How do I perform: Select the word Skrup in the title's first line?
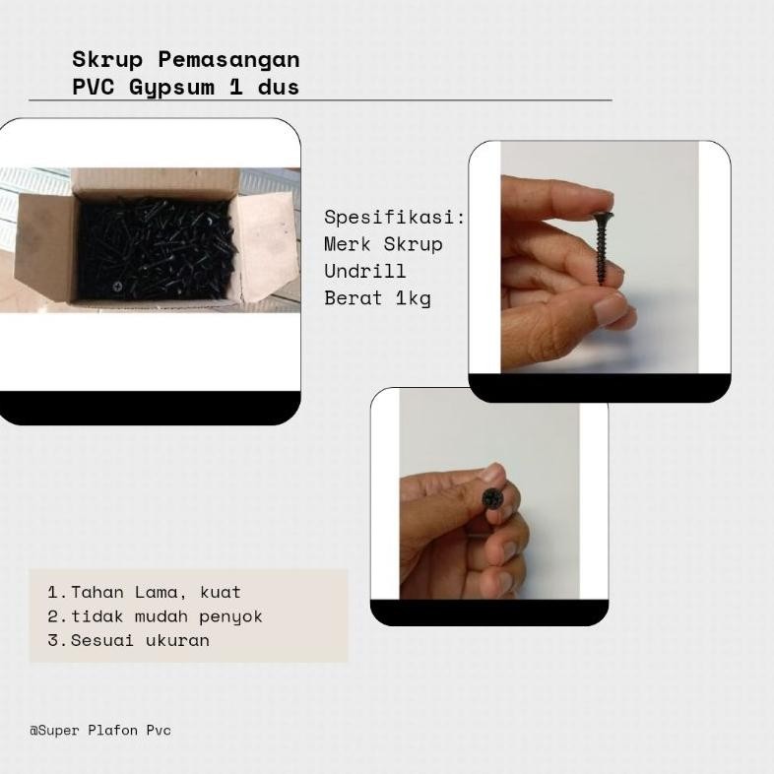[x=108, y=60]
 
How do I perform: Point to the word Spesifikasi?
[x=395, y=217]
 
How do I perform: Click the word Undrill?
[x=365, y=271]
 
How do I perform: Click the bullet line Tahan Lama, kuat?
[x=145, y=593]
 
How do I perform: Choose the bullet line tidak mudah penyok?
[x=156, y=616]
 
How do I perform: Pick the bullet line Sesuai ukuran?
[x=129, y=640]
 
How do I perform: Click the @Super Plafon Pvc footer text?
[x=100, y=731]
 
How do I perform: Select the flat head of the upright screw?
[x=601, y=215]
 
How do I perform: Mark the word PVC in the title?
[x=95, y=87]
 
